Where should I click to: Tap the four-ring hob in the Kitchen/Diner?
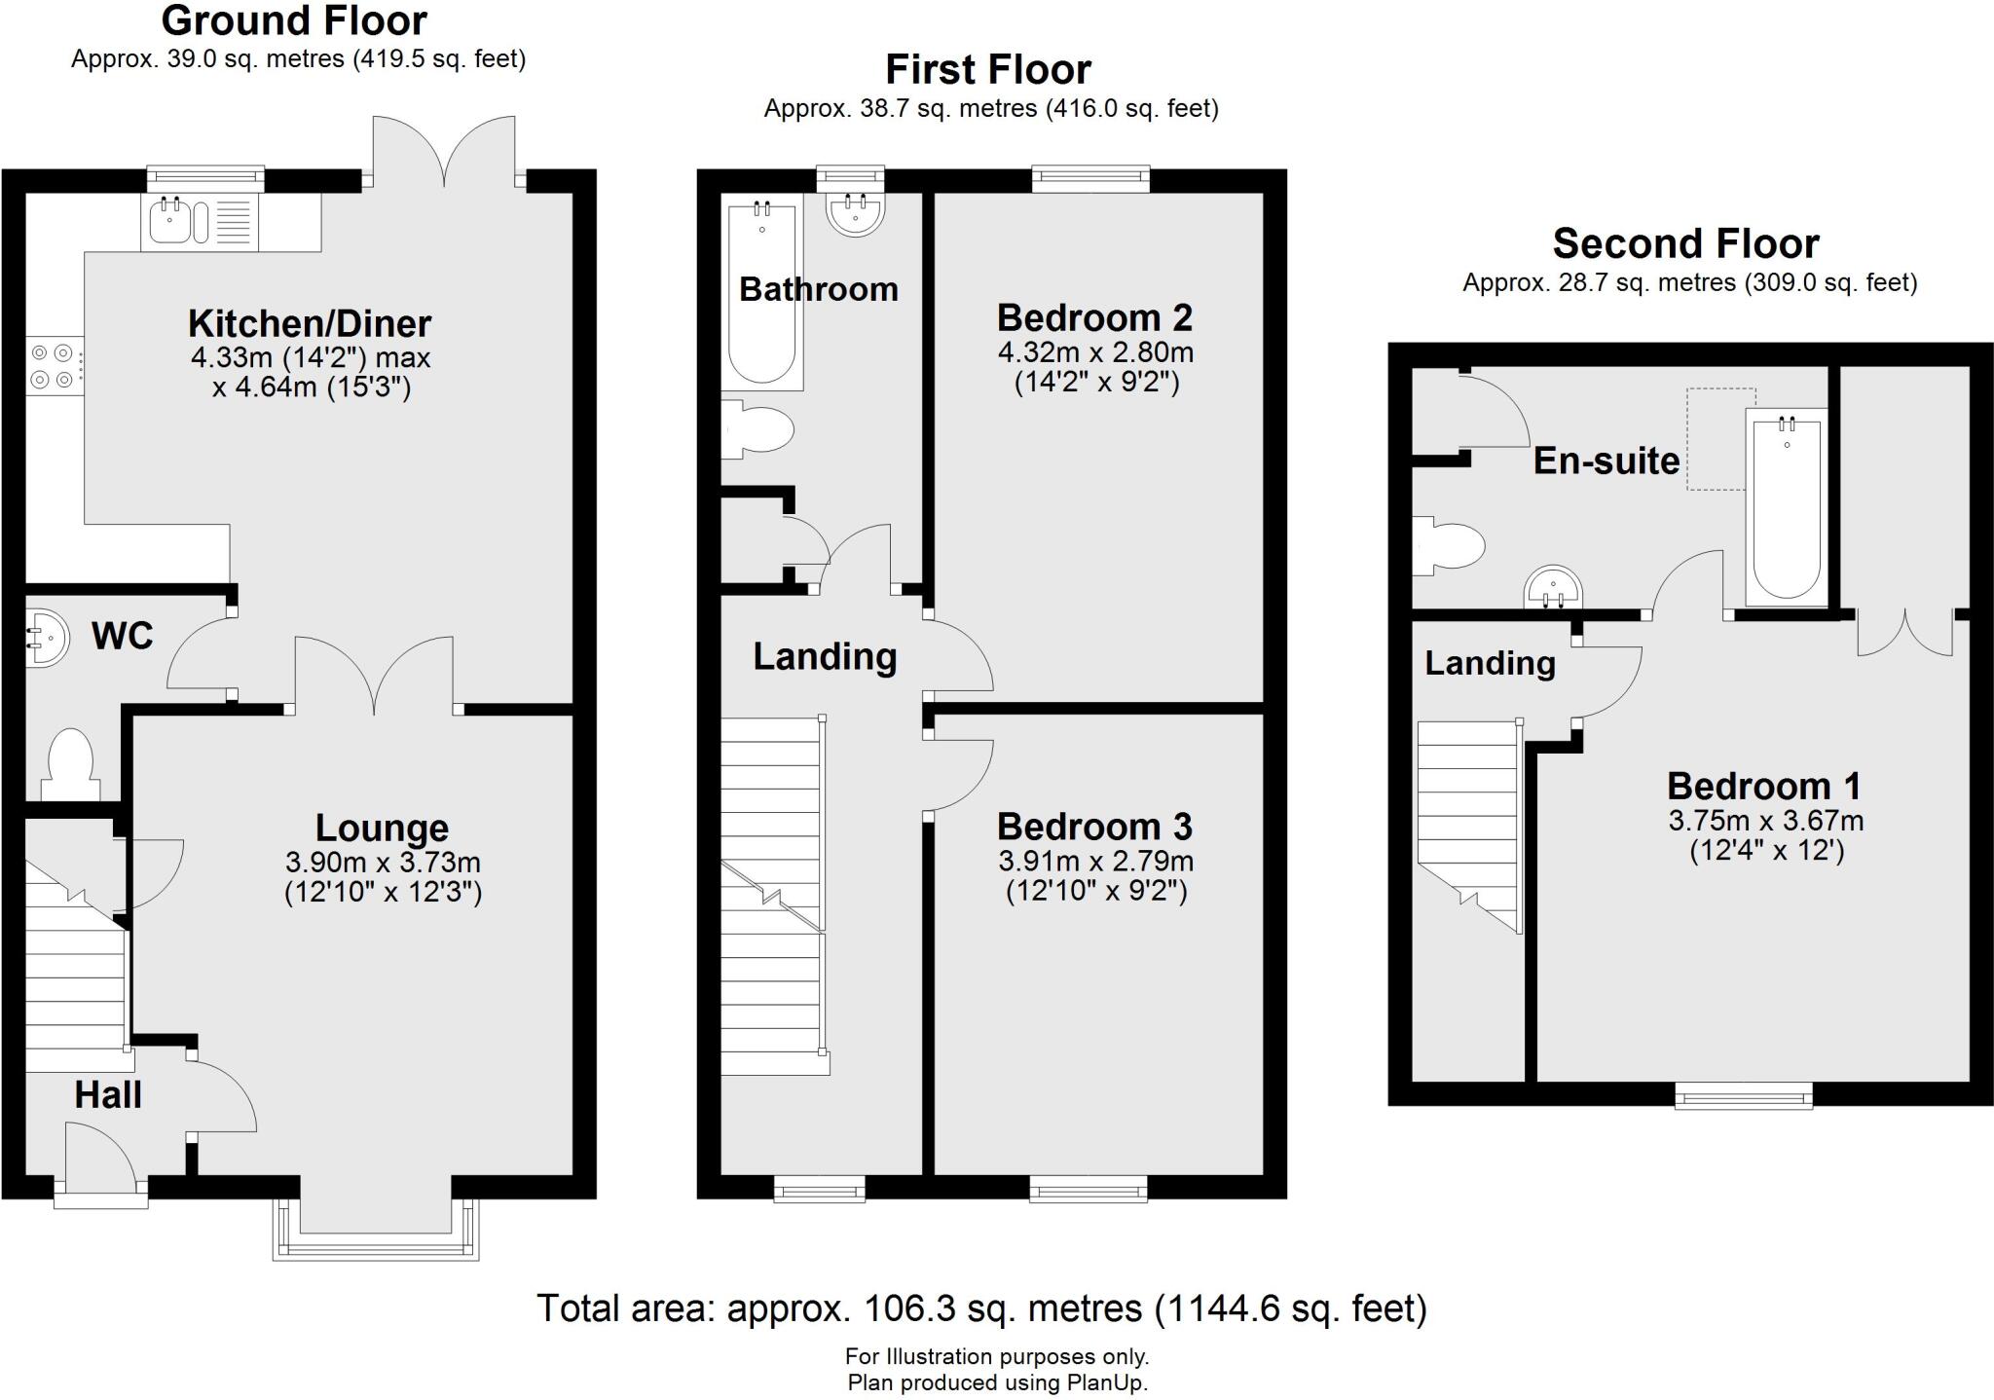tap(53, 365)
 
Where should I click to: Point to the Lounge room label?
tap(382, 828)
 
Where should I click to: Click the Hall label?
tap(108, 1094)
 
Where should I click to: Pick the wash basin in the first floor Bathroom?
tap(856, 212)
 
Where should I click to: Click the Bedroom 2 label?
tap(1094, 317)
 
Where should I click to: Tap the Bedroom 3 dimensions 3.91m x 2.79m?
tap(1095, 861)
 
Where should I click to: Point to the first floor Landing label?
tap(825, 657)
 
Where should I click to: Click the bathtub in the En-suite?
tap(1786, 506)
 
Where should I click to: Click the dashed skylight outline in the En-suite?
tap(1720, 438)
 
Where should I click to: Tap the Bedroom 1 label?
tap(1764, 786)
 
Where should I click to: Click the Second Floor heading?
tap(1685, 243)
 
